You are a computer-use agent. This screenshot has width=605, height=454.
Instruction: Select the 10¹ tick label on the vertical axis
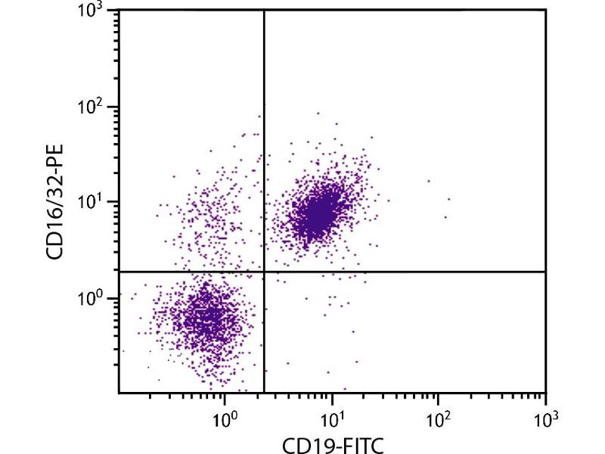92,204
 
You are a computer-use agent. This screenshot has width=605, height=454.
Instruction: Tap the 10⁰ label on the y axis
92,299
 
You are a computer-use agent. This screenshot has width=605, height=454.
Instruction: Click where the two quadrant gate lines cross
264,271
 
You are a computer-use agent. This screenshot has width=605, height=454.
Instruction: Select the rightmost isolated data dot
448,199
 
